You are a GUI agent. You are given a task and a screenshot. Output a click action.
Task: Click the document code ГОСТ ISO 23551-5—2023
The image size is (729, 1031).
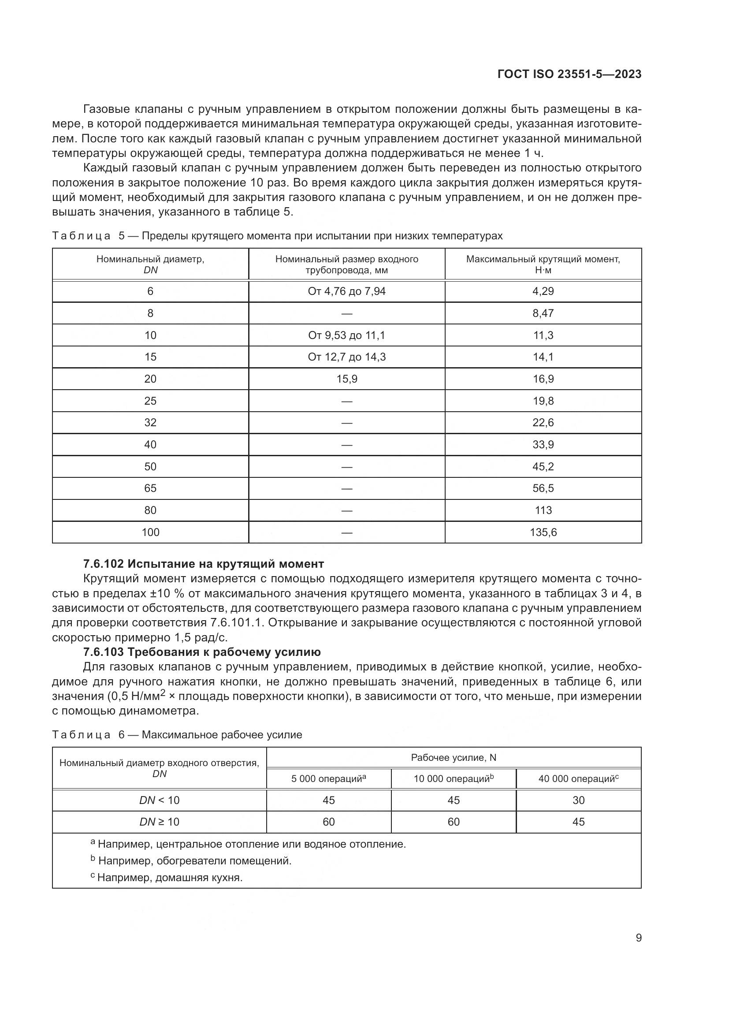click(x=569, y=74)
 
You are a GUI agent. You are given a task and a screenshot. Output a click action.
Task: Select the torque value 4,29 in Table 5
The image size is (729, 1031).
click(x=543, y=291)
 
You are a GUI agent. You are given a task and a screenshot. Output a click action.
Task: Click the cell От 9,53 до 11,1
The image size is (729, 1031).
click(x=346, y=335)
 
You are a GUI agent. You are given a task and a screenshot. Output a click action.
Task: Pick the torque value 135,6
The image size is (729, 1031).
click(x=543, y=532)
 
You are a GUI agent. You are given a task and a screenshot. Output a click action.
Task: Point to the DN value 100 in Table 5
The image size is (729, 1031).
click(x=150, y=532)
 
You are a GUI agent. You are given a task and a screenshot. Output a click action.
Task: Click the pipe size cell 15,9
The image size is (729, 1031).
click(x=346, y=379)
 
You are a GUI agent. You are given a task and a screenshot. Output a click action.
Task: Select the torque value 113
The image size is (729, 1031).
click(x=543, y=510)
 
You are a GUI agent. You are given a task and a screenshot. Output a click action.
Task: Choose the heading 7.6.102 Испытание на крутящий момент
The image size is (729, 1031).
click(x=203, y=564)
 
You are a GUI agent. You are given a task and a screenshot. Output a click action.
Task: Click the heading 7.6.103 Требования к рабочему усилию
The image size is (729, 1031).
click(x=202, y=652)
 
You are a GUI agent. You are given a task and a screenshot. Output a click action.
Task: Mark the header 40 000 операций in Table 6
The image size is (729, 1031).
click(x=578, y=779)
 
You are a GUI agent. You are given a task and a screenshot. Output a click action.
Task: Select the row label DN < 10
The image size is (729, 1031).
click(x=160, y=800)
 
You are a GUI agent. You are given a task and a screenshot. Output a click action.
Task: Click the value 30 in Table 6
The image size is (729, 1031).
click(x=578, y=800)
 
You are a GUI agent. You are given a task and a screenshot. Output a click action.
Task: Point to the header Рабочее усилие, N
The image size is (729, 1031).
click(x=454, y=758)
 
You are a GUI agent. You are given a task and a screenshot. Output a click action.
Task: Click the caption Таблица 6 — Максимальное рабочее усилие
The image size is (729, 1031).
click(x=177, y=735)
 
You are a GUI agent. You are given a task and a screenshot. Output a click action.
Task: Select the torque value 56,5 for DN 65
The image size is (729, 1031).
click(x=543, y=488)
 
